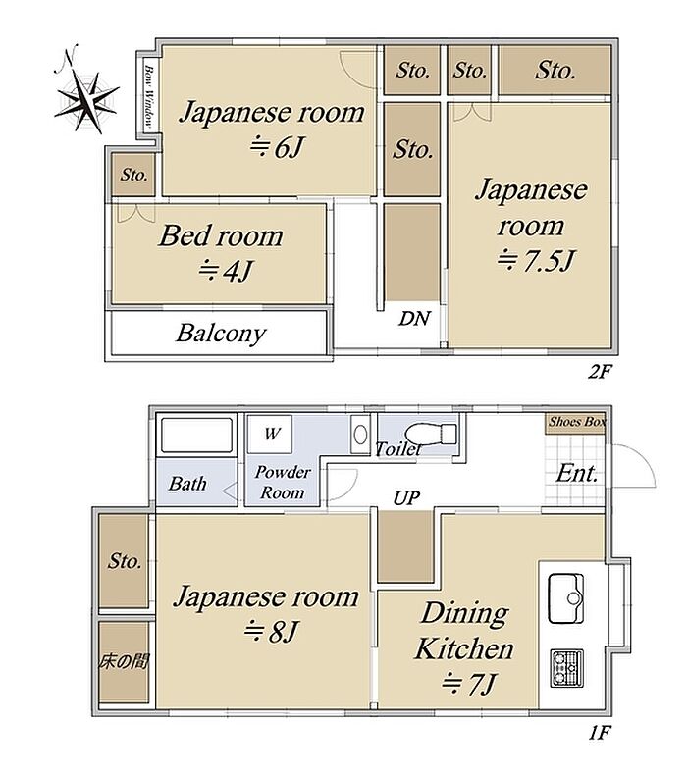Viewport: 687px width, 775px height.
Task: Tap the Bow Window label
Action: click(148, 96)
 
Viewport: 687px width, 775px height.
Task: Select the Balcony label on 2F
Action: click(221, 334)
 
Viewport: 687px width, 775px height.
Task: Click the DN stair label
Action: click(414, 318)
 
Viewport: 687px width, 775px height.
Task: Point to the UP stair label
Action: click(406, 498)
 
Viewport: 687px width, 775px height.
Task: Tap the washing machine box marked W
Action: click(270, 434)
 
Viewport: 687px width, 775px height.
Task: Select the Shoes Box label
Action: click(577, 422)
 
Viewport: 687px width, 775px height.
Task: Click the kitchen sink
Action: click(566, 598)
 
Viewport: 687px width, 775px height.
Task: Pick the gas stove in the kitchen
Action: click(567, 668)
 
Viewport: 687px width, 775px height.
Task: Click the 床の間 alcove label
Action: click(124, 661)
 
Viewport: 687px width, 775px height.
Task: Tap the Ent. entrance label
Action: click(577, 474)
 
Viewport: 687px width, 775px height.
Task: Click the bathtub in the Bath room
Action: click(197, 436)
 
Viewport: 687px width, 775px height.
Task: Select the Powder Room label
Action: click(283, 483)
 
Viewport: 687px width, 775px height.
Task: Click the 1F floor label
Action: click(600, 733)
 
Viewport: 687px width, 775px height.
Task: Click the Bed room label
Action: click(221, 235)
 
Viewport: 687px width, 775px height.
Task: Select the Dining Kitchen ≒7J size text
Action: click(468, 684)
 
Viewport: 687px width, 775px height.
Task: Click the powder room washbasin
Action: click(360, 435)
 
